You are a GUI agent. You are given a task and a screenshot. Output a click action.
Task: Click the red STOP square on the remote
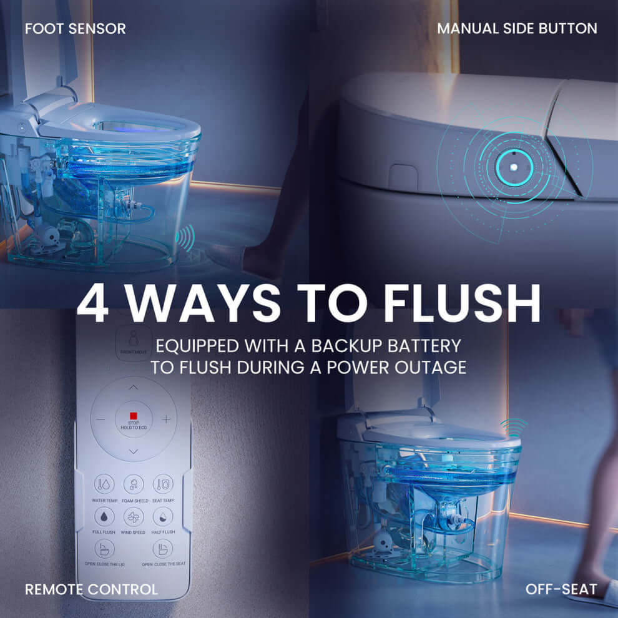coord(133,416)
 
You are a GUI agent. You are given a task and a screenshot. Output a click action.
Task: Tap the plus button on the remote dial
coord(166,419)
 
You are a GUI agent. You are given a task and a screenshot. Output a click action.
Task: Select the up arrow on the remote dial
coord(133,388)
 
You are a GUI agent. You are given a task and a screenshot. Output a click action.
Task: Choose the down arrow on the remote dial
coord(133,451)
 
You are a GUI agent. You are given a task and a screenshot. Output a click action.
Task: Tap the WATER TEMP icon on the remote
coord(104,484)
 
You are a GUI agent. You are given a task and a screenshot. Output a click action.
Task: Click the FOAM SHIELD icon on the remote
coord(133,484)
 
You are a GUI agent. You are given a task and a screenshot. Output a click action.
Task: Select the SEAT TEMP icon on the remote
coord(163,484)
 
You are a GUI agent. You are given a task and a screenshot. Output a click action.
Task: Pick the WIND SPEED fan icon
coord(133,517)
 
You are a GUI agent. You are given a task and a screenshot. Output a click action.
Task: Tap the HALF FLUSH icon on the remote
coord(163,517)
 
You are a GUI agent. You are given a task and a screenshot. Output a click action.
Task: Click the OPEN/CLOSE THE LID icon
coord(104,549)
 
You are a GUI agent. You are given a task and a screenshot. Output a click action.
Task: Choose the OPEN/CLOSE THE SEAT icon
coord(163,549)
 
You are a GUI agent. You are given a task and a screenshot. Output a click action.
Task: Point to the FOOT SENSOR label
coord(75,29)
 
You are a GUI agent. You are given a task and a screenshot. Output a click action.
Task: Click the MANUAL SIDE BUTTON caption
coord(517,29)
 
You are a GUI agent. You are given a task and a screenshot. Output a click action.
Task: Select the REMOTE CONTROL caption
coord(91,589)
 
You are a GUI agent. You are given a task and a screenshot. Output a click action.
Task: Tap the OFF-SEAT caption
coord(561,589)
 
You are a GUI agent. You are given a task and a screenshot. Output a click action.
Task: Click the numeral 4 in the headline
coord(92,305)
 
